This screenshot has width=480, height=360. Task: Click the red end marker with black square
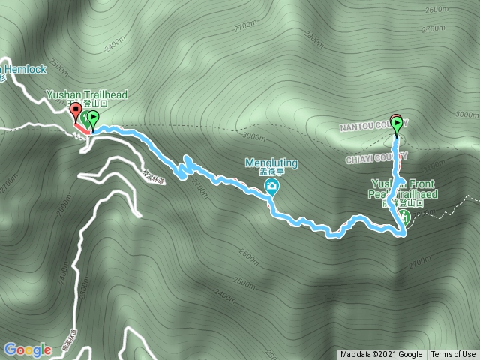point(75,112)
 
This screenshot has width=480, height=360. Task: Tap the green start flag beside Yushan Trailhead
point(93,118)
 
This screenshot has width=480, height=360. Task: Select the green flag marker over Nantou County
point(396,122)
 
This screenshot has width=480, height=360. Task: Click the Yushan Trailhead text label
point(87,94)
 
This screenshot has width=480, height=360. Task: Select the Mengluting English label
point(271,163)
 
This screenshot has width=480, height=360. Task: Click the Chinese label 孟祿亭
point(271,173)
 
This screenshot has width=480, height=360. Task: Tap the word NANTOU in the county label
point(368,124)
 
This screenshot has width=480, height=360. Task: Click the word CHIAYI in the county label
point(361,159)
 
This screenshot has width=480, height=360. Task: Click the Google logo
point(28,349)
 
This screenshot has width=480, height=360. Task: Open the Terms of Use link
point(453,355)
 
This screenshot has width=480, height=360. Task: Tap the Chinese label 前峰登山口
point(403,203)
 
